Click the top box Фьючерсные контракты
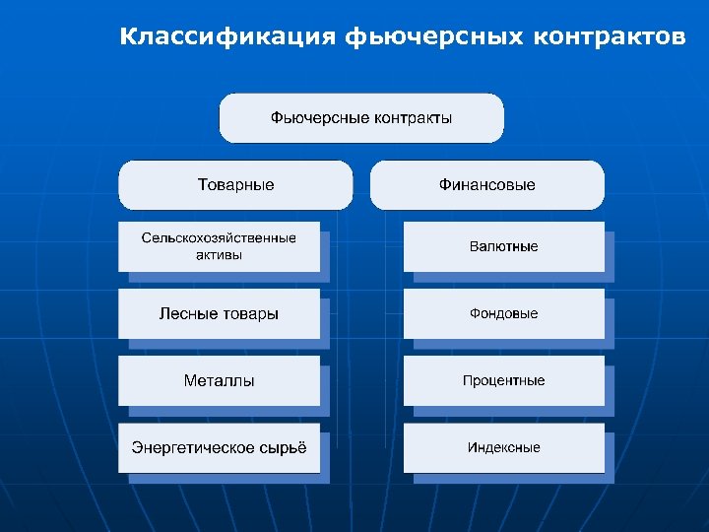point(361,118)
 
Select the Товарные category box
point(235,185)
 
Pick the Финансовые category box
point(487,185)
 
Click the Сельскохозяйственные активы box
point(219,246)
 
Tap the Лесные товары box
point(219,313)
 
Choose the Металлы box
point(219,380)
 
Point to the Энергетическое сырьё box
point(219,447)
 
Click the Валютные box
point(503,246)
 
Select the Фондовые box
point(503,313)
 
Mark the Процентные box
point(503,380)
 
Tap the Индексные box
point(503,447)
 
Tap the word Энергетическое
point(191,447)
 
